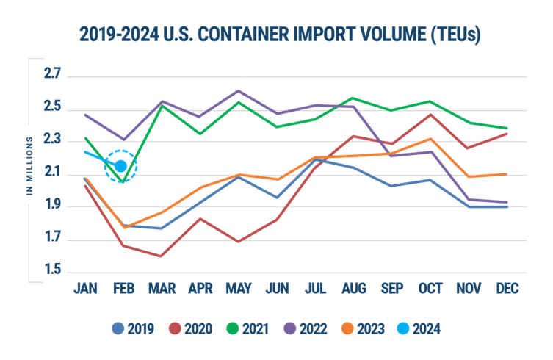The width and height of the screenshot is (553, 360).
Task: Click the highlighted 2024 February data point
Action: pos(121,166)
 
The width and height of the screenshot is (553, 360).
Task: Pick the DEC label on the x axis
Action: pos(507,289)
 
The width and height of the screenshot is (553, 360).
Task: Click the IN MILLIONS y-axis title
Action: pos(30,165)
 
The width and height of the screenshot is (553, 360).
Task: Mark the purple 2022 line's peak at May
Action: pos(238,90)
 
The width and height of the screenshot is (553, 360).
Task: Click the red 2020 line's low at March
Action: pos(161,256)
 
